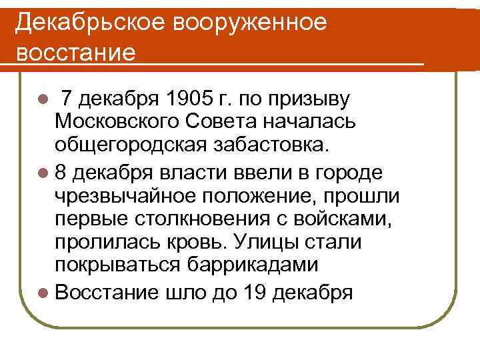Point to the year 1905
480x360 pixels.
pyautogui.click(x=191, y=100)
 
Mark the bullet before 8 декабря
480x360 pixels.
pyautogui.click(x=43, y=173)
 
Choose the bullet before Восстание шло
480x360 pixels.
pyautogui.click(x=43, y=291)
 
